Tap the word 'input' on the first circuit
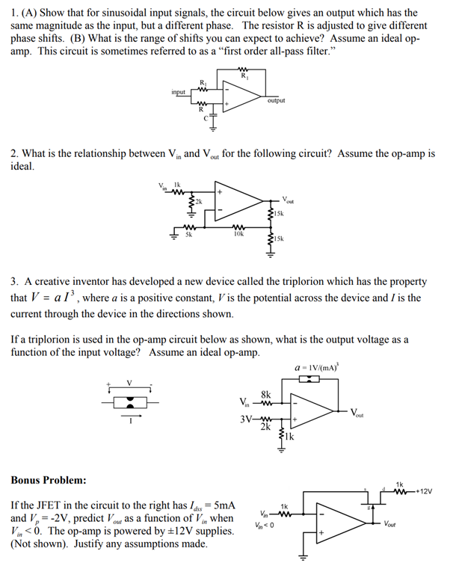tap(179, 92)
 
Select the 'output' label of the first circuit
tap(275, 100)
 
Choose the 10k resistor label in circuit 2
tap(238, 235)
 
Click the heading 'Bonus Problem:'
tap(48, 479)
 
